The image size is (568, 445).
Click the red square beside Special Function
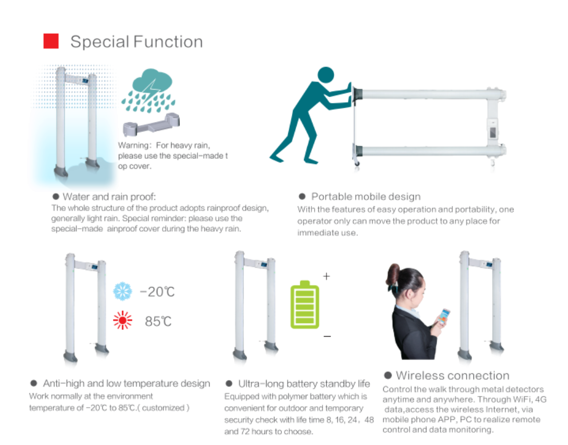[51, 41]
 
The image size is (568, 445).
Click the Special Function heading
[136, 42]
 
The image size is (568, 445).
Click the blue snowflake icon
[122, 291]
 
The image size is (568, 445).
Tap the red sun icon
[122, 320]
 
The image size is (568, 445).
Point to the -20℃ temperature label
[157, 292]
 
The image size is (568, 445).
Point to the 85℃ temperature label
[158, 321]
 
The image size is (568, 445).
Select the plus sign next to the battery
[326, 276]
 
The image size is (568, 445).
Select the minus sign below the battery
[327, 336]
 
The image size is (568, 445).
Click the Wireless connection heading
[452, 375]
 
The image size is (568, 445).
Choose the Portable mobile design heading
[365, 196]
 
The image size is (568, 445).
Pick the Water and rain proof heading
[109, 197]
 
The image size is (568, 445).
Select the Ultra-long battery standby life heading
[304, 384]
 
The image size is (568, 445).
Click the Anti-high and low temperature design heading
[126, 383]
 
